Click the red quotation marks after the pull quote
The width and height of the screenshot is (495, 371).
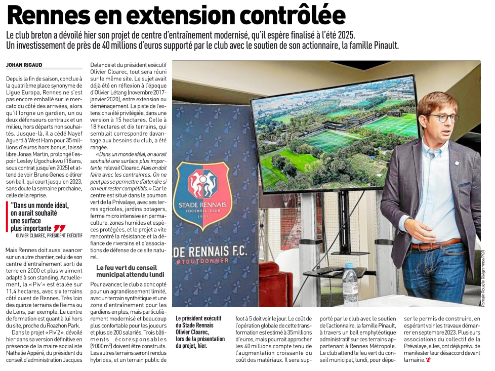click(x=59, y=228)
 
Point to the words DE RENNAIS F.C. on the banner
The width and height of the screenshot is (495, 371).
click(x=208, y=251)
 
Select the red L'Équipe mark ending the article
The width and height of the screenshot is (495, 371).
click(x=428, y=360)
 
